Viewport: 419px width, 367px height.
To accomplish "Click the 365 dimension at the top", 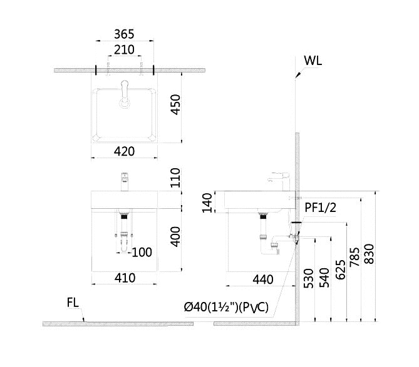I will click(x=125, y=34).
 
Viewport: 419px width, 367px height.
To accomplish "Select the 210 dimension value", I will click(x=125, y=49).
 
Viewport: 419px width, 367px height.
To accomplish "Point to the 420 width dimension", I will click(x=125, y=151).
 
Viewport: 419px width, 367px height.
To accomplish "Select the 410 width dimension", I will click(x=125, y=278).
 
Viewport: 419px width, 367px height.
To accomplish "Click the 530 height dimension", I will click(x=307, y=278).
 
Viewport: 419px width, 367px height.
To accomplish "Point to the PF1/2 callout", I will click(x=321, y=208).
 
